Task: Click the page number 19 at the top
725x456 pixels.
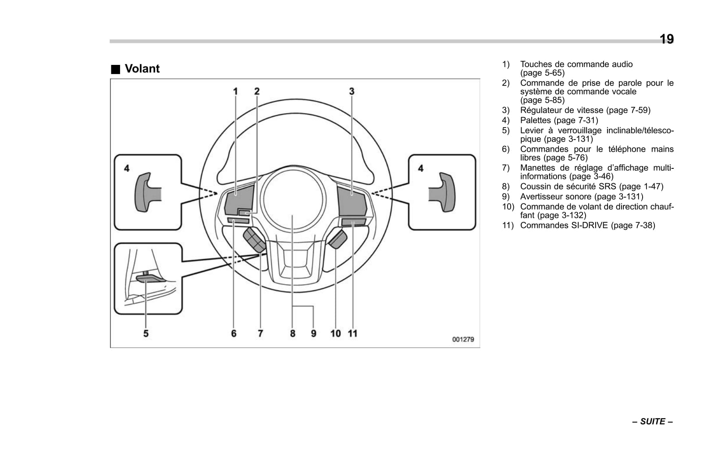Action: tap(666, 39)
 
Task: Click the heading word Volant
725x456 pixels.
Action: tap(142, 69)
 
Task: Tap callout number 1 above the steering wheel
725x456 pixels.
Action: tap(235, 91)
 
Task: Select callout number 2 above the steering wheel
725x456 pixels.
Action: tap(257, 91)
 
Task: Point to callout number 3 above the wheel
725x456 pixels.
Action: tap(352, 91)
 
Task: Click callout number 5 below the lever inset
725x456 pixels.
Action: tap(146, 334)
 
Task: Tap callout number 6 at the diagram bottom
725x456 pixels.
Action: tap(234, 334)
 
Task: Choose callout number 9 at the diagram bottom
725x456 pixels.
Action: tap(313, 334)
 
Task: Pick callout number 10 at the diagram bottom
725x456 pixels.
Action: tap(335, 334)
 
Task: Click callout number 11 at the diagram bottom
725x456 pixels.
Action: tap(352, 334)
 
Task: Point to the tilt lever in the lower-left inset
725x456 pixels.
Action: tap(150, 278)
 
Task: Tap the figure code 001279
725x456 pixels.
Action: tap(463, 339)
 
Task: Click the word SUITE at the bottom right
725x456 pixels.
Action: tap(652, 422)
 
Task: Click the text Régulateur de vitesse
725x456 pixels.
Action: tap(561, 110)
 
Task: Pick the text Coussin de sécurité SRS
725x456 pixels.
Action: tap(568, 187)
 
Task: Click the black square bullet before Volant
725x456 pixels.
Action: tap(115, 69)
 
